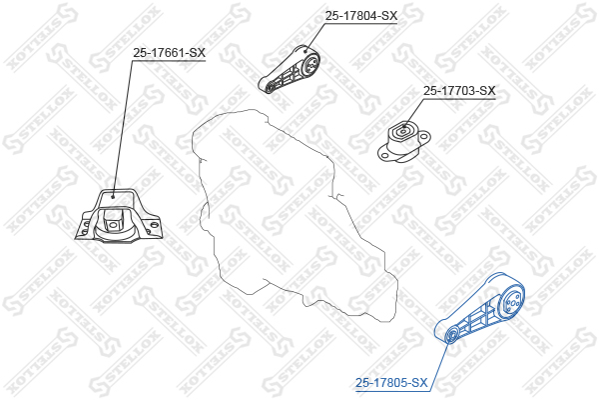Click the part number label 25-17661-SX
tap(170, 53)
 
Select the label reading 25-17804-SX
tap(360, 16)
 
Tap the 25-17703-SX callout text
tap(459, 90)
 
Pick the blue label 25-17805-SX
tap(392, 382)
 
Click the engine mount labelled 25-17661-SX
tap(117, 215)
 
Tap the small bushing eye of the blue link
tap(451, 333)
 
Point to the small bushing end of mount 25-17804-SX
tap(270, 87)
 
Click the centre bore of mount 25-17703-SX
tap(405, 133)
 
